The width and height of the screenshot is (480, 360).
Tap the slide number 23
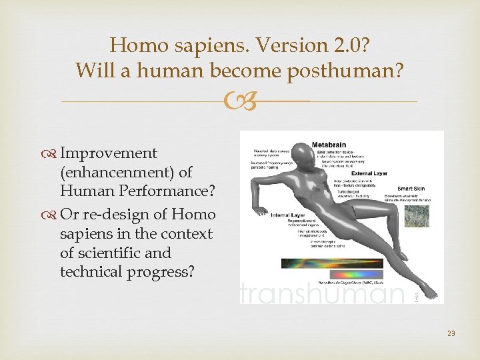coord(451,333)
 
